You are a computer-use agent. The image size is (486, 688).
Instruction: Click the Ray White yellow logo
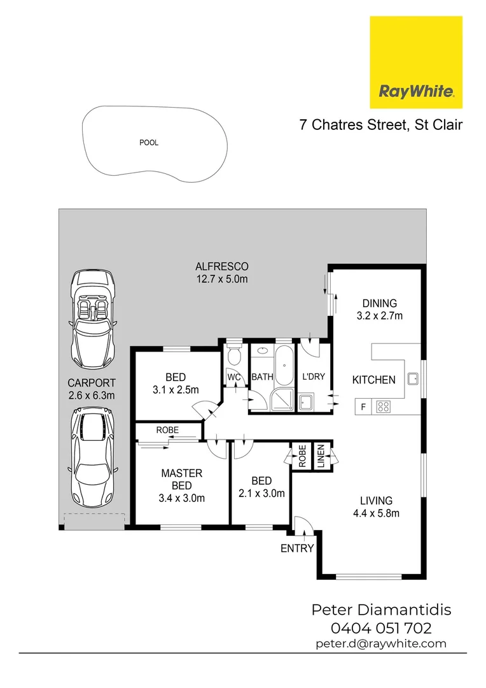[x=416, y=62]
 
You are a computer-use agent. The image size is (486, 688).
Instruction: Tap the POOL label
[x=149, y=143]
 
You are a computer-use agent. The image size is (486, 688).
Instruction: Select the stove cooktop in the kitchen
[x=384, y=405]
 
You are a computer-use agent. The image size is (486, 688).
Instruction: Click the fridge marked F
[x=363, y=405]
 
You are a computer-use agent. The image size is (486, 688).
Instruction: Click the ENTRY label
[x=297, y=548]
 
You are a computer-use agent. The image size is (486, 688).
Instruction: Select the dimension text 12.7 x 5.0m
[x=221, y=278]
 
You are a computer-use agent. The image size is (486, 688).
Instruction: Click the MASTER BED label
[x=181, y=480]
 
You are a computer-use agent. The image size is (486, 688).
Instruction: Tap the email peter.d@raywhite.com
[x=380, y=643]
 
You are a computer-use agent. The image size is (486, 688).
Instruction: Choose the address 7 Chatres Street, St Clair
[x=380, y=124]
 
